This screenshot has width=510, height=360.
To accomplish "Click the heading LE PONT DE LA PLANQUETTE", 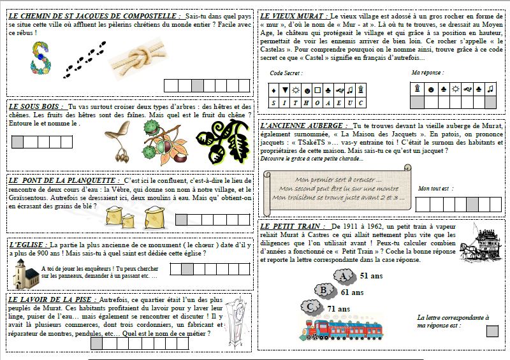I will point(64,181).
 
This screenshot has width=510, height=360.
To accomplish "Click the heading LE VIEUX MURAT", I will point(294,15).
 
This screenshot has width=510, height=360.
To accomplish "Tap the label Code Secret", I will point(286,73).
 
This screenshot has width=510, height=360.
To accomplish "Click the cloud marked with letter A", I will point(345,276).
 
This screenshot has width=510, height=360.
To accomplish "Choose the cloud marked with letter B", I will point(325,291).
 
